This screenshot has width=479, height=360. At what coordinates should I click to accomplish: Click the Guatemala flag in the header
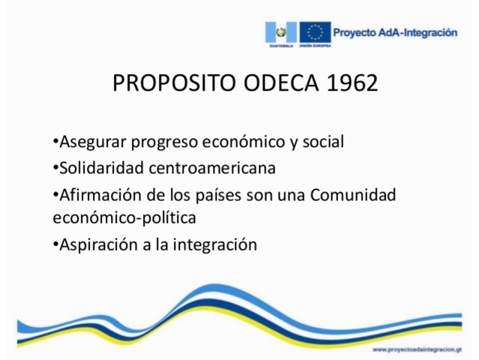(x=282, y=33)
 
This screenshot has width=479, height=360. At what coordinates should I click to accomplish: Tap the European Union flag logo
(x=315, y=33)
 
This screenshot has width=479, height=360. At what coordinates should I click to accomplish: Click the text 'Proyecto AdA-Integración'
(x=394, y=32)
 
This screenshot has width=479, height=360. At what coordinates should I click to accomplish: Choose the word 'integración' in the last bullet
(x=218, y=245)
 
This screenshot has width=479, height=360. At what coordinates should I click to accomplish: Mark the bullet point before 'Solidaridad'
(x=55, y=166)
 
